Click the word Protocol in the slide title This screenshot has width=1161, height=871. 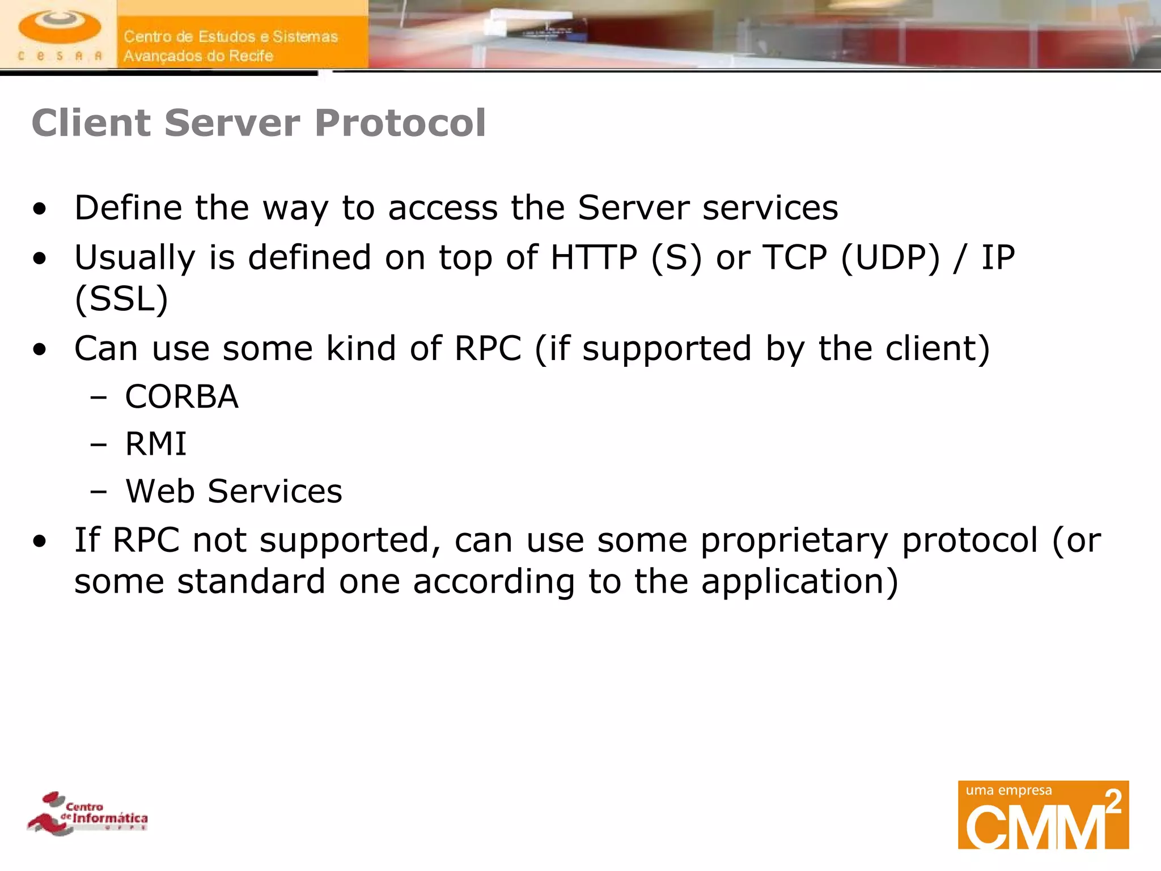tap(400, 123)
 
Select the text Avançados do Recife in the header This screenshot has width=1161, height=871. tap(198, 56)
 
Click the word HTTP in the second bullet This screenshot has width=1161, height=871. tap(594, 257)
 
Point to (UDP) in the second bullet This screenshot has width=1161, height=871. tap(890, 257)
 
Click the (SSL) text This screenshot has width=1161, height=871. tap(121, 299)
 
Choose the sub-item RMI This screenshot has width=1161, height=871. tap(156, 443)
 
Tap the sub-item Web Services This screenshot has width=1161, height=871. tap(234, 491)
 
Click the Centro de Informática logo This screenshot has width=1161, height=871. tap(88, 813)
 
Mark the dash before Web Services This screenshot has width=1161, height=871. tap(98, 492)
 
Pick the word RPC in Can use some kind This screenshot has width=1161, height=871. tap(488, 348)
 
